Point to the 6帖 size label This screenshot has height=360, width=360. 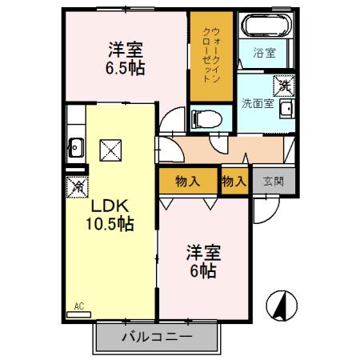coord(202,271)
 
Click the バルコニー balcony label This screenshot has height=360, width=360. coord(157,337)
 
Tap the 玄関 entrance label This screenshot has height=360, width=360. coord(273,182)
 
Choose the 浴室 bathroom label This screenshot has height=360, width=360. coord(265,54)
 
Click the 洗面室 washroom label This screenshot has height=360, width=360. coord(258,103)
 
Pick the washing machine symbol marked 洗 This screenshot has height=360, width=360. coord(284,83)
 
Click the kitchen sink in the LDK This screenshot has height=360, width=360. coord(77,147)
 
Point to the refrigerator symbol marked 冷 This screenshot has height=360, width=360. coord(78,187)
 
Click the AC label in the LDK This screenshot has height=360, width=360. coord(78,305)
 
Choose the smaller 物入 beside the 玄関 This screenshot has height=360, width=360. coord(234,182)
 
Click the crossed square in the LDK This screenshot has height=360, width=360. coord(109,148)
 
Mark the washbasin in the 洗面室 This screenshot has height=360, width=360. coord(286,110)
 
